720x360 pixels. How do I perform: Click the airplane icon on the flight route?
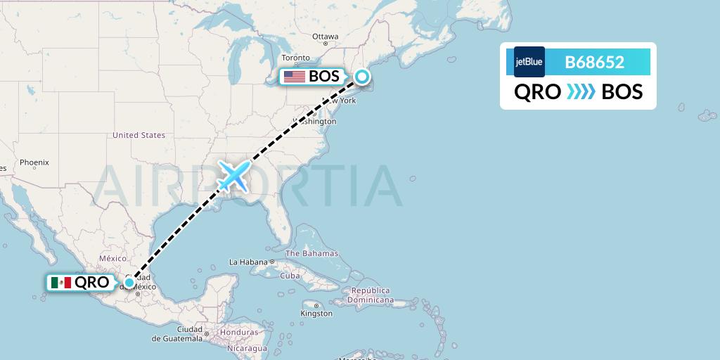tap(233, 176)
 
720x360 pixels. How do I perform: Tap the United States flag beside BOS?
tap(294, 77)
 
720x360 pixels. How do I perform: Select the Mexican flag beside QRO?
tap(61, 283)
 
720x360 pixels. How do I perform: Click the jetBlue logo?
tap(529, 62)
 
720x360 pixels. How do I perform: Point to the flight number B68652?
tap(594, 62)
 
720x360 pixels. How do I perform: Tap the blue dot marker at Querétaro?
tap(129, 283)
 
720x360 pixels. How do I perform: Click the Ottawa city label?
tap(326, 37)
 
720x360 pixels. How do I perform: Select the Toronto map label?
tap(295, 58)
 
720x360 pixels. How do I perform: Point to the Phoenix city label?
tap(34, 162)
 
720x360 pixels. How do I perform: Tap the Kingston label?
tap(316, 314)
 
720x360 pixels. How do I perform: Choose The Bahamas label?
tap(311, 253)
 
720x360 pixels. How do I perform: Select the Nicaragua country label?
tap(250, 348)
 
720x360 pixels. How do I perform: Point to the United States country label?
tap(139, 135)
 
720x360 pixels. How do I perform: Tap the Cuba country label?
tap(290, 276)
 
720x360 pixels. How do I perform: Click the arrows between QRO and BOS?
tap(581, 91)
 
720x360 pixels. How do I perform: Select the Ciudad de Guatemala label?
tap(179, 334)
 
